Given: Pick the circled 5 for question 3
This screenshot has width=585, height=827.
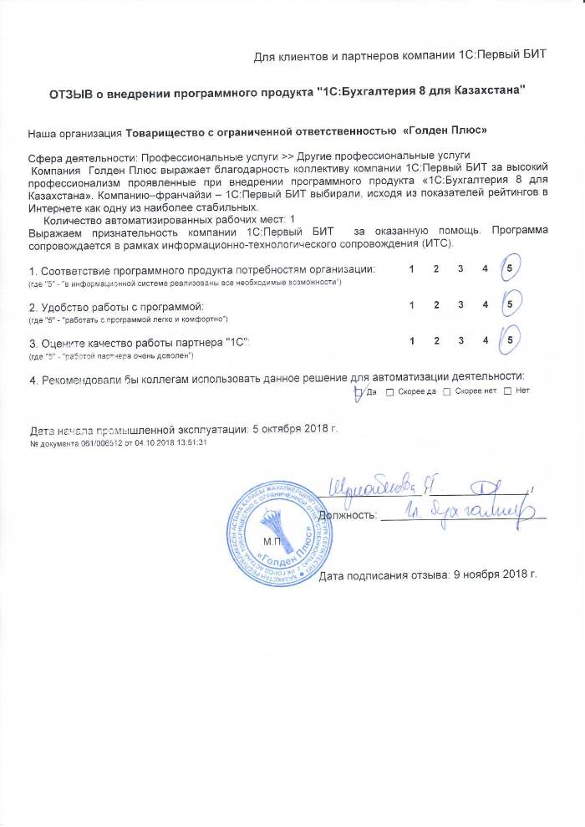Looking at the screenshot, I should [x=510, y=340].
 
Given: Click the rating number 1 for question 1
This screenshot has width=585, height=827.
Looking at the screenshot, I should [x=411, y=269].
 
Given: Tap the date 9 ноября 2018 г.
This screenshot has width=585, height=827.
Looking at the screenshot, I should [x=493, y=575].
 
